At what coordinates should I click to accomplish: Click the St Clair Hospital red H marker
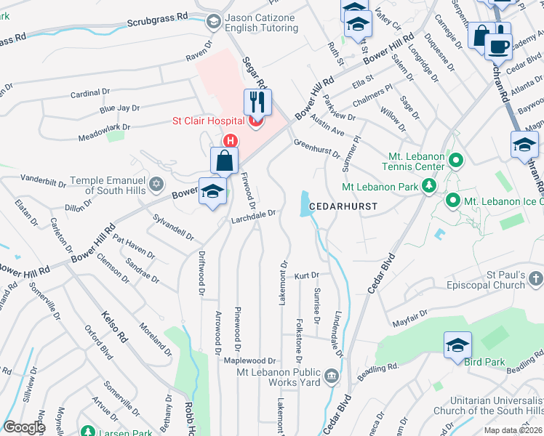pos(231,140)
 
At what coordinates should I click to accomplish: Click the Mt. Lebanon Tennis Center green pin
pos(456,159)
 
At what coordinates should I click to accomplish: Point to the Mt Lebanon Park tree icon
pos(430,187)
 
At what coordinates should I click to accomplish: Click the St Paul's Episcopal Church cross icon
pos(535,278)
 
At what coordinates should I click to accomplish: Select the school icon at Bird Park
pos(458,346)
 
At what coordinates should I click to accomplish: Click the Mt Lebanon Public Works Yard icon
pos(331,376)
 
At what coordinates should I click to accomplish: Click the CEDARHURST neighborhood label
pos(343,207)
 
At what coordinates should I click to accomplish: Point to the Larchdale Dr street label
pos(252,215)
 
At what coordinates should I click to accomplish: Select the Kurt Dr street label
pos(307,276)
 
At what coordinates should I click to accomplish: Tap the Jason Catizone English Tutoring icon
pos(214,21)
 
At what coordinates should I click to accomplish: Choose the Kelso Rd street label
pos(114,328)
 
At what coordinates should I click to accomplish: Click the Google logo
pos(24,427)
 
